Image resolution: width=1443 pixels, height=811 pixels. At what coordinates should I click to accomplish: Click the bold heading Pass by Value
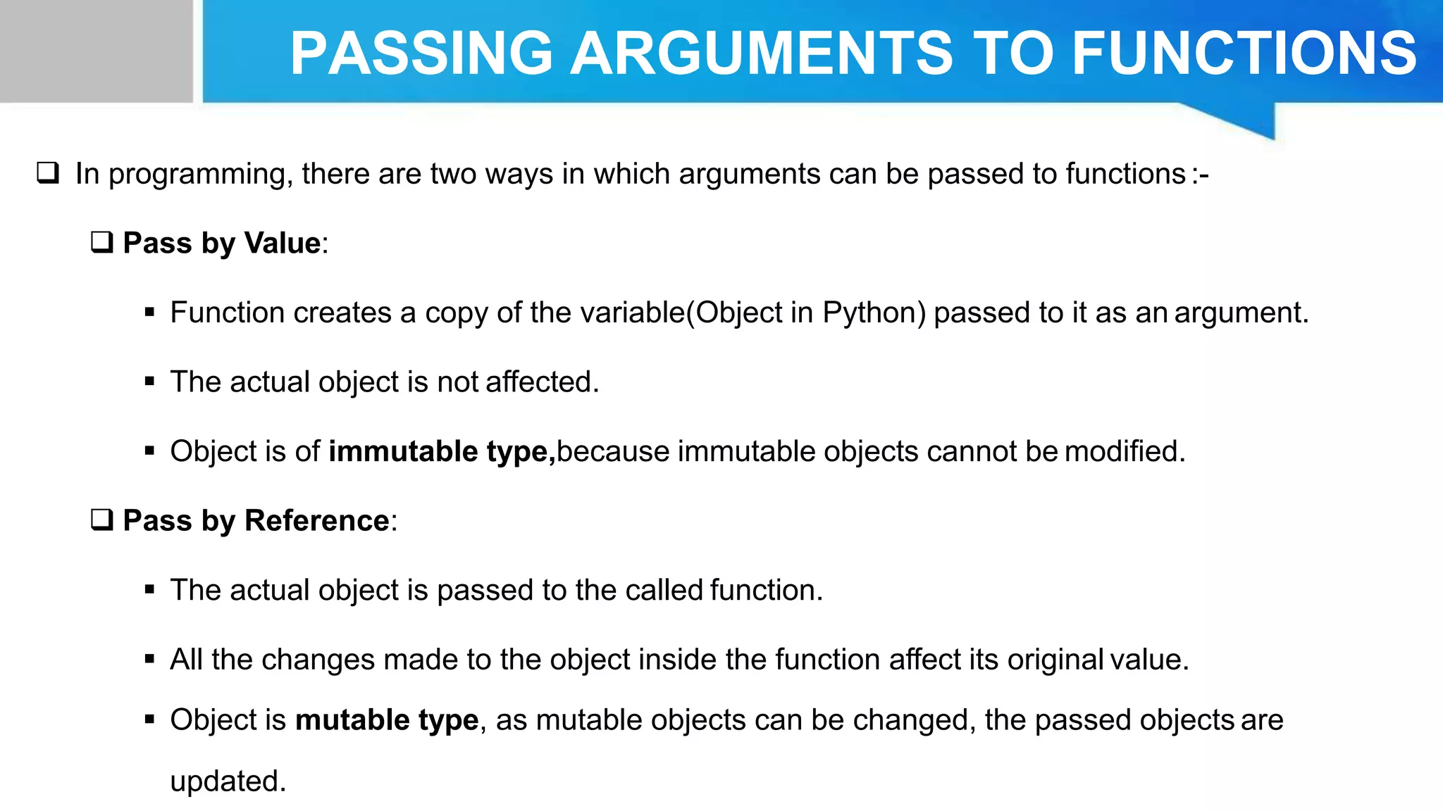[x=222, y=243]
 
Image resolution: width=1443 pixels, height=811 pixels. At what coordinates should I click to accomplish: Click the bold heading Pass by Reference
[x=256, y=520]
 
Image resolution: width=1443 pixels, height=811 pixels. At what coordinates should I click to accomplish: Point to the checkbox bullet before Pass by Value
[x=102, y=242]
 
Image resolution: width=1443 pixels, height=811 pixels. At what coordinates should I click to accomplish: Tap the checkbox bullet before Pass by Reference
[x=102, y=520]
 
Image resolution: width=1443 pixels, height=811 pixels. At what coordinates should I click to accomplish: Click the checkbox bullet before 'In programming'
[x=48, y=172]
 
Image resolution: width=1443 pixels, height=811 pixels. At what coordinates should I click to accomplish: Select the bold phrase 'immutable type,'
[x=442, y=451]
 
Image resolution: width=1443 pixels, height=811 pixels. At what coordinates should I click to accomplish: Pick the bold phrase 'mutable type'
[x=387, y=720]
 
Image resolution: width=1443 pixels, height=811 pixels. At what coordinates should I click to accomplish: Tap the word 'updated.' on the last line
[x=228, y=781]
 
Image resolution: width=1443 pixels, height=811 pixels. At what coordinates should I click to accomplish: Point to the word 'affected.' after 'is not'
[x=542, y=382]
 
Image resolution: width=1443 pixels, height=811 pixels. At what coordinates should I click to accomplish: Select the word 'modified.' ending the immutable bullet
[x=1125, y=451]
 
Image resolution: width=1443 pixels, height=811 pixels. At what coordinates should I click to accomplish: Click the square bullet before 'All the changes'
[x=149, y=660]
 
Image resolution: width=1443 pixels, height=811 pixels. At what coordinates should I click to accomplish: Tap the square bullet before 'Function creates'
[x=149, y=313]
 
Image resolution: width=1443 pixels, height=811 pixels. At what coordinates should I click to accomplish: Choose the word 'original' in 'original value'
[x=1055, y=660]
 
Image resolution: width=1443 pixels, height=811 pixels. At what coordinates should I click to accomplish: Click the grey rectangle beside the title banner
[x=96, y=51]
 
